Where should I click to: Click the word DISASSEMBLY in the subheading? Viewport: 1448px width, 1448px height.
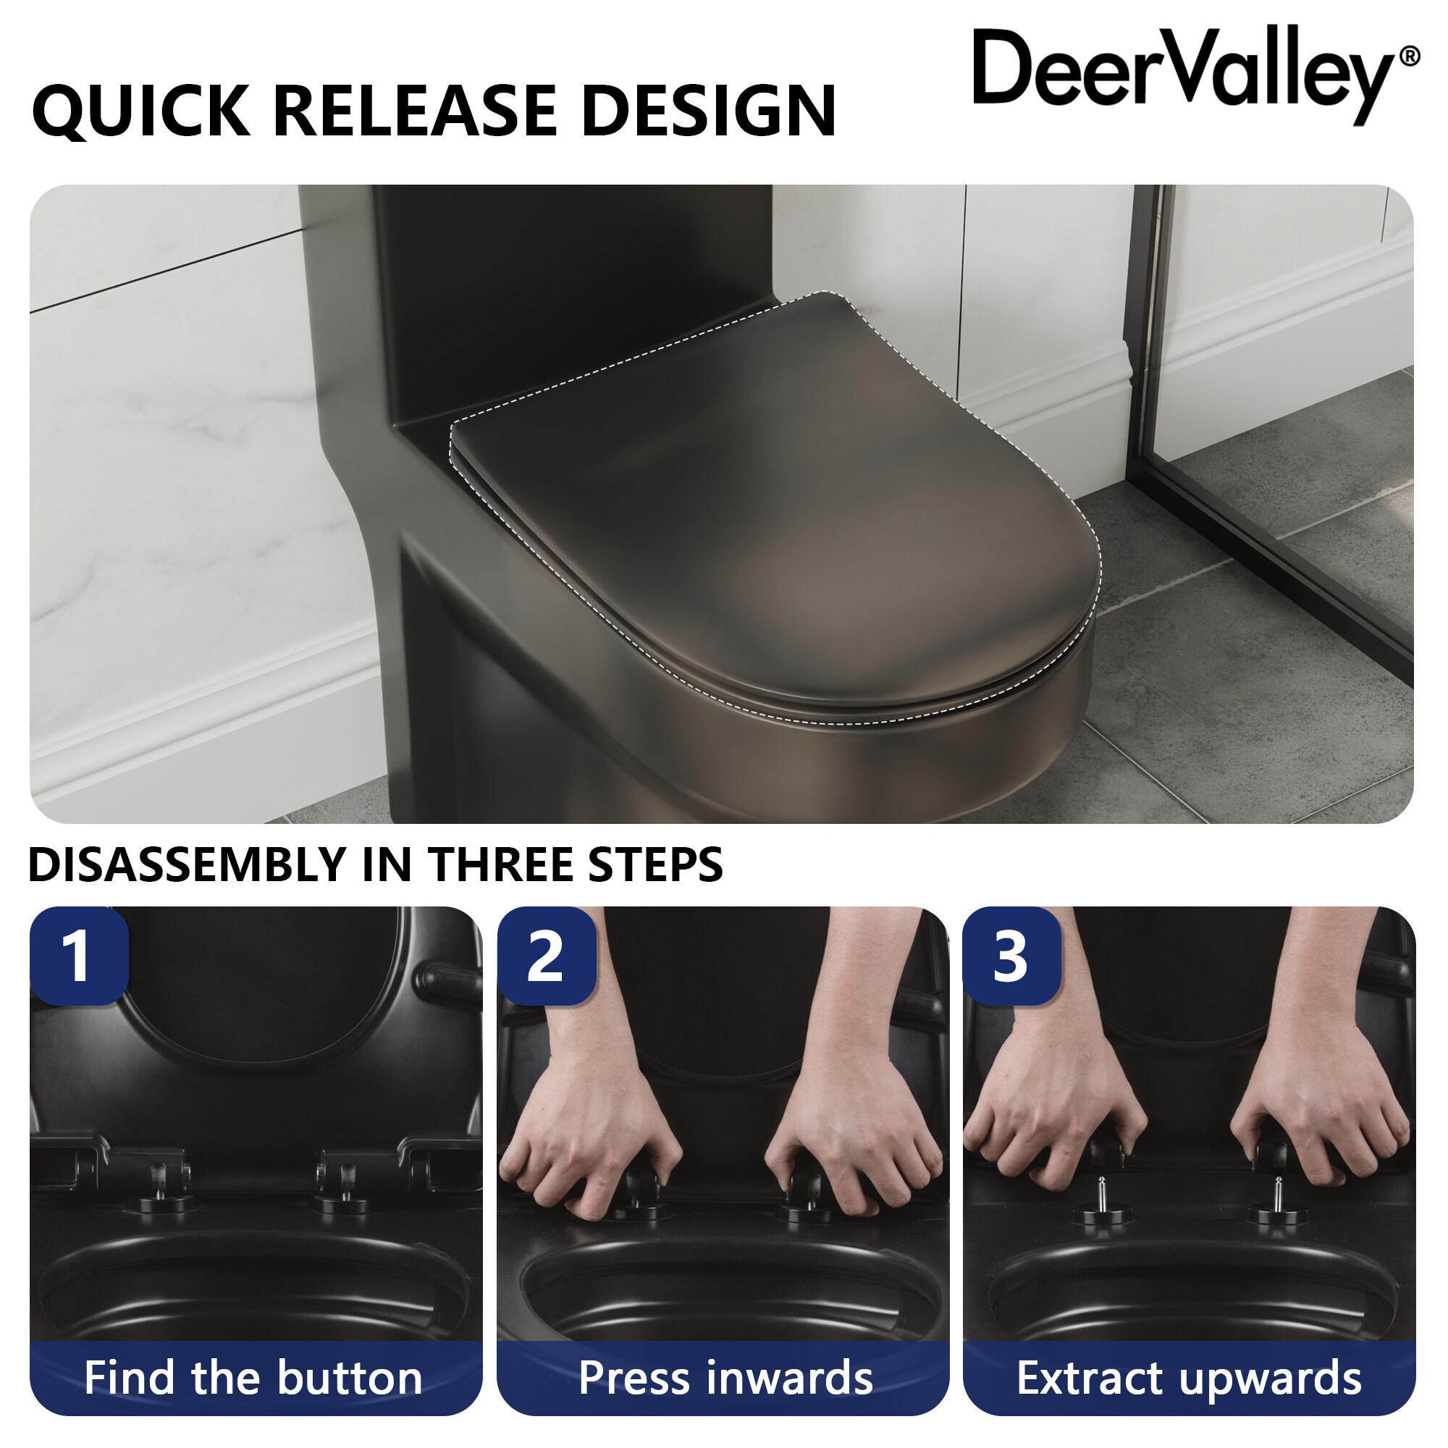pyautogui.click(x=188, y=864)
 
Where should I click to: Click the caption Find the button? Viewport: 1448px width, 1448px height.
pyautogui.click(x=253, y=1378)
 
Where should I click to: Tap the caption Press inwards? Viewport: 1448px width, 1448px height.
pyautogui.click(x=725, y=1378)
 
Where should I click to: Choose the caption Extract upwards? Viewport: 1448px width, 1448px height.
pyautogui.click(x=1189, y=1378)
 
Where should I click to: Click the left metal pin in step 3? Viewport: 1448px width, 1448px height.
pyautogui.click(x=1101, y=1192)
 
